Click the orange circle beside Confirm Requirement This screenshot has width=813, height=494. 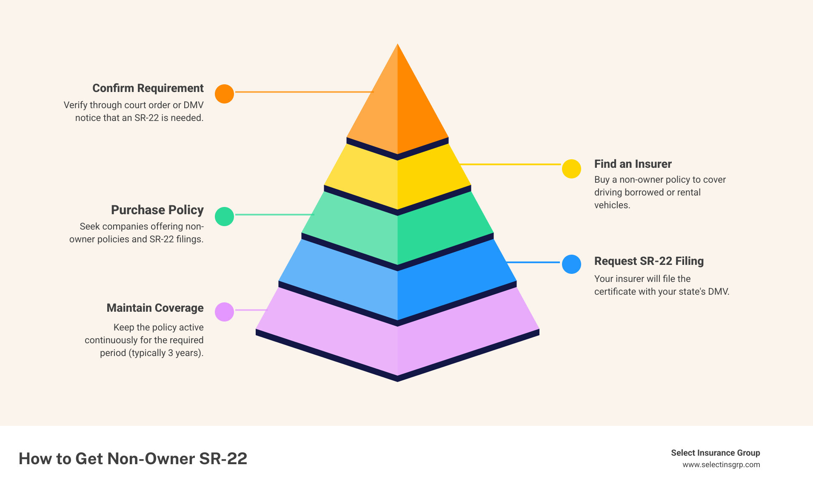(224, 94)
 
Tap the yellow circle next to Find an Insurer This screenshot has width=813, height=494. (571, 169)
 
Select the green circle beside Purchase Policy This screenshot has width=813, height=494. (224, 216)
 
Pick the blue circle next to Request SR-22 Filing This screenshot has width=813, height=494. (571, 264)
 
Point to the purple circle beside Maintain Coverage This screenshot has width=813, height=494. (224, 312)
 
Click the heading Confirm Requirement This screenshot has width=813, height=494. (148, 88)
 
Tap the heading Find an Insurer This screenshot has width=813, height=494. (633, 164)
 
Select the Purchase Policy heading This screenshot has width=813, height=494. (157, 210)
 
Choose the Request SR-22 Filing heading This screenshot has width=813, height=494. (649, 261)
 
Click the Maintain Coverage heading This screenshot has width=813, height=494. (155, 308)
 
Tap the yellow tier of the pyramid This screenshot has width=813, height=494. (397, 179)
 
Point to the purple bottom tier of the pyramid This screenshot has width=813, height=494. (397, 345)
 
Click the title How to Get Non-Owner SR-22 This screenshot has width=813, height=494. (133, 459)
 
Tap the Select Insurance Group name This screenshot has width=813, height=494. (715, 453)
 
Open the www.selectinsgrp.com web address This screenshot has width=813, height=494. (721, 465)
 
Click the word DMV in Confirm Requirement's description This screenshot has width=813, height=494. (193, 105)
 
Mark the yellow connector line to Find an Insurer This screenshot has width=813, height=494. (511, 164)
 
